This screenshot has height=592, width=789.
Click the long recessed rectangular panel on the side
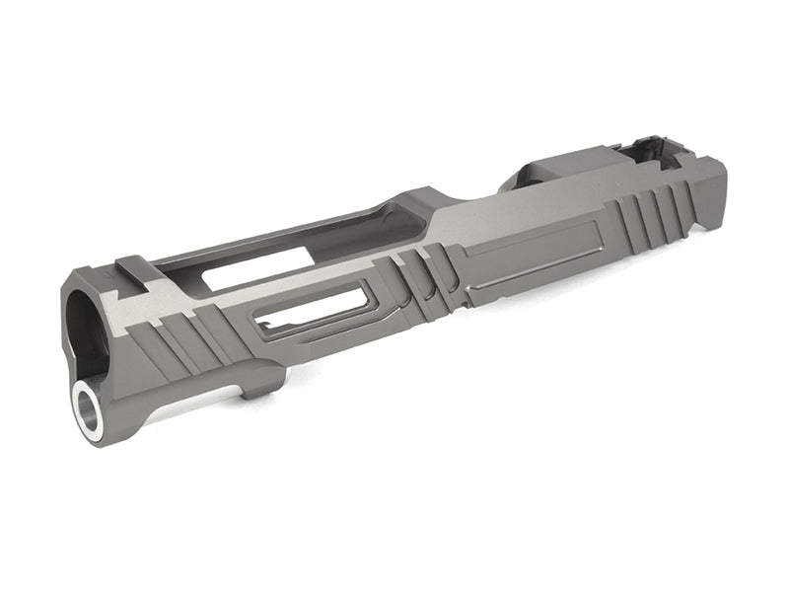point(533,265)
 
